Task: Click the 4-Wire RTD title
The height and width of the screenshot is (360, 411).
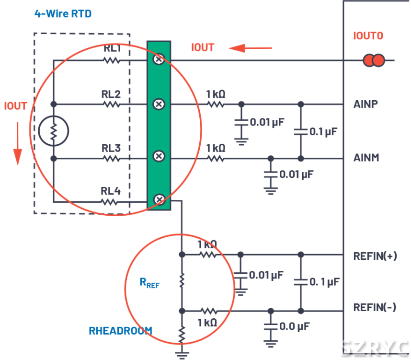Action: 63,14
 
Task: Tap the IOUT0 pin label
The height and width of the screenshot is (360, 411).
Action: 368,36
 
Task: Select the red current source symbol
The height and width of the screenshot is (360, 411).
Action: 374,60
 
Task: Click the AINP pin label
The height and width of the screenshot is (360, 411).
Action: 366,104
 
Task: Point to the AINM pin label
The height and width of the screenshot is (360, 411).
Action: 366,158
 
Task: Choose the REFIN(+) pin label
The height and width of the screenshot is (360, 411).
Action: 375,256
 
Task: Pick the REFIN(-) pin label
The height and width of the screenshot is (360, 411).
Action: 375,307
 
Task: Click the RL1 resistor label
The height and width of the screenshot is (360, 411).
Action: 113,48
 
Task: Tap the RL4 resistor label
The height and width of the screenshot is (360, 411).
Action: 111,191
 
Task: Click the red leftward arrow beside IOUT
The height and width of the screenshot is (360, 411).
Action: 250,48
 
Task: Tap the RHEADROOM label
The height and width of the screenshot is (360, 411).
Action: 120,331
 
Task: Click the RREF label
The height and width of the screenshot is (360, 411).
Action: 149,283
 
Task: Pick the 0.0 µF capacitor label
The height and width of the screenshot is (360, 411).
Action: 294,327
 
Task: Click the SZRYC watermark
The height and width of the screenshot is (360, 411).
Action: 374,348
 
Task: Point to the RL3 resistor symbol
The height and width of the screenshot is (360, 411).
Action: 111,158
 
